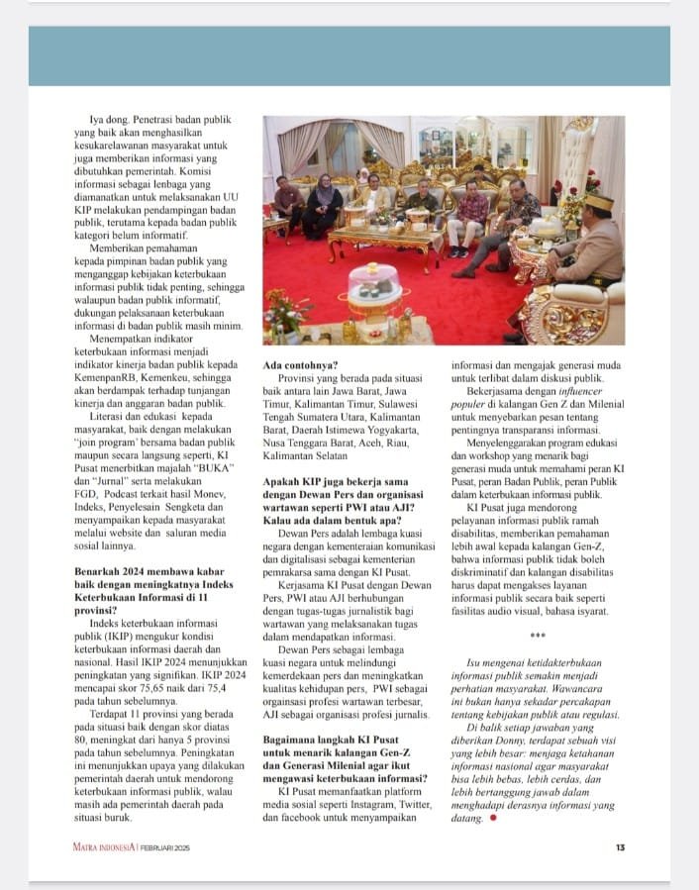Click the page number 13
(x=620, y=846)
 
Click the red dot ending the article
(x=493, y=819)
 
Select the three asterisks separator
(x=538, y=637)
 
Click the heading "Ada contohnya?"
(x=301, y=364)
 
